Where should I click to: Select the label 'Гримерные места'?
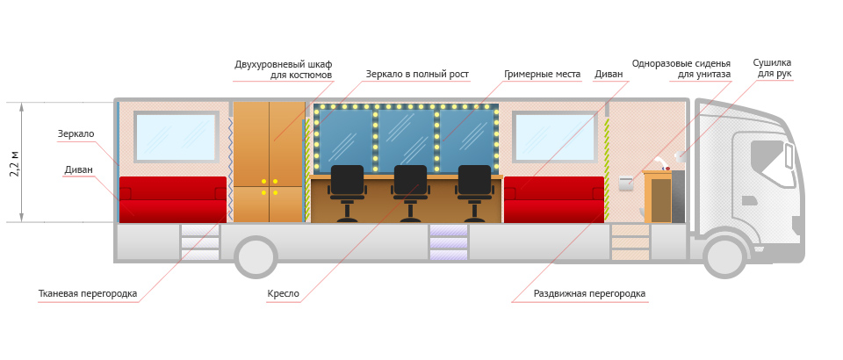(542, 75)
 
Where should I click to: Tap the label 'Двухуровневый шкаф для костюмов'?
(283, 69)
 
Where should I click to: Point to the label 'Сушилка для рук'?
(772, 68)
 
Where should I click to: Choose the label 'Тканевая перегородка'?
(88, 293)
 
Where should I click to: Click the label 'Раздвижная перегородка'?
(589, 293)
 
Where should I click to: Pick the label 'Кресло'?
(283, 293)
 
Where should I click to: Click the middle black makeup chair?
(410, 191)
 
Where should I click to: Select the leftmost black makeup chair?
(347, 191)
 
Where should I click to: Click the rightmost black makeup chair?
(474, 191)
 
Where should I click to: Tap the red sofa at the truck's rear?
(172, 199)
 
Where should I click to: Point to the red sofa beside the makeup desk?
(554, 199)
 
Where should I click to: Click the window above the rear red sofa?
(176, 137)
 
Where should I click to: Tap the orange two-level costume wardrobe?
(268, 162)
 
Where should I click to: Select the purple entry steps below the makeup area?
(448, 243)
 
